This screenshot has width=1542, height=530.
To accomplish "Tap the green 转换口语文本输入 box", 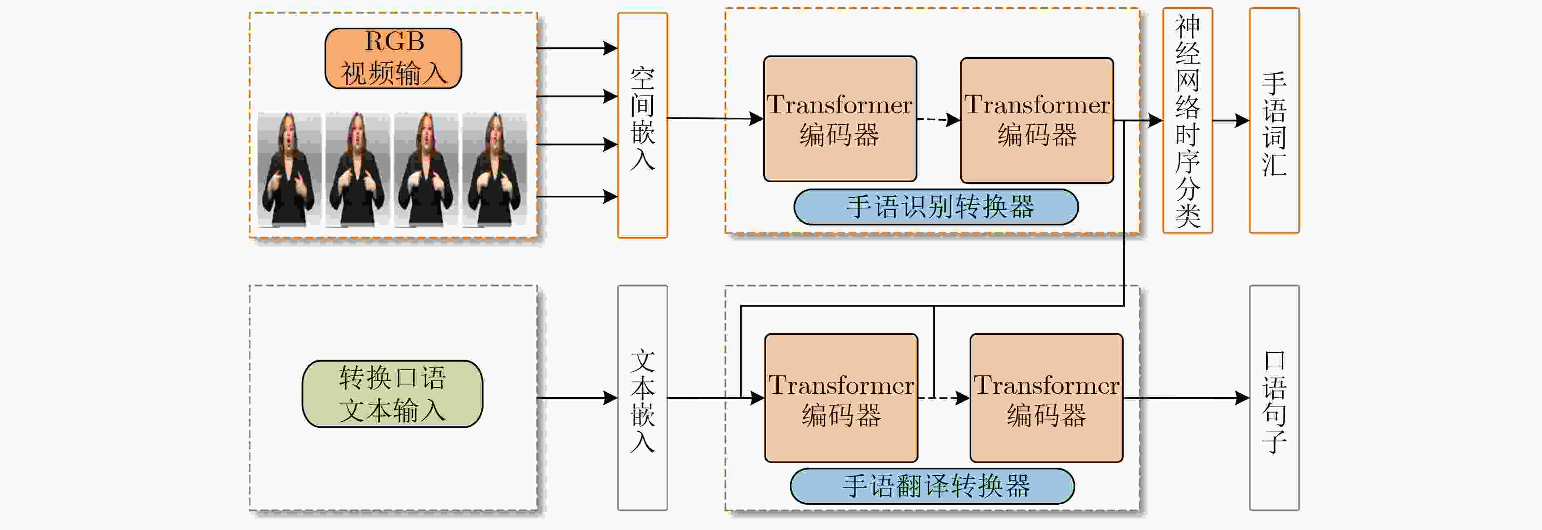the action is [393, 393].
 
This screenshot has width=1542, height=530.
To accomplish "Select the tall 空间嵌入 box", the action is [642, 126].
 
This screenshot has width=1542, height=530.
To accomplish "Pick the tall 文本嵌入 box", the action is [642, 398].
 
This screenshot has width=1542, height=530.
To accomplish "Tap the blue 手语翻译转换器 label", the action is [933, 486].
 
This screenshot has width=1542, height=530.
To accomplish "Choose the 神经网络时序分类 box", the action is [1188, 121].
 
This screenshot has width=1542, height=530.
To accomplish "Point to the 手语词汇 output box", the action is [1274, 121].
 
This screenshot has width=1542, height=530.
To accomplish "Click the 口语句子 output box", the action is [1274, 398].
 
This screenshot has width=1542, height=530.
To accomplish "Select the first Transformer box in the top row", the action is [840, 119].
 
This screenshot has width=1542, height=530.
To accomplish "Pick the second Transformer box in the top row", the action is [1037, 120].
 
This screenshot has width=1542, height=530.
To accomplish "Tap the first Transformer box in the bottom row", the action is [841, 398].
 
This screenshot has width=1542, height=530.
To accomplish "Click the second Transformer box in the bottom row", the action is [1046, 398].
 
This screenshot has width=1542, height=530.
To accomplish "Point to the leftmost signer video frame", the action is [290, 169].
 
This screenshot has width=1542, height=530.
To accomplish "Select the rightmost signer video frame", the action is [494, 169].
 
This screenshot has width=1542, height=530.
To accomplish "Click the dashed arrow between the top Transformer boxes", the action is [939, 119].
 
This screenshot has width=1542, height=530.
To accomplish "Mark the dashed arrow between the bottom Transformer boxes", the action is [944, 398].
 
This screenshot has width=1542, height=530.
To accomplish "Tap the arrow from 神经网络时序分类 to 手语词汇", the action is [1231, 121].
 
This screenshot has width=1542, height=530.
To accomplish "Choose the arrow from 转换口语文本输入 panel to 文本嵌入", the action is [577, 398].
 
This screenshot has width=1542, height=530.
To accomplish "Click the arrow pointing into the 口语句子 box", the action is [1186, 398].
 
